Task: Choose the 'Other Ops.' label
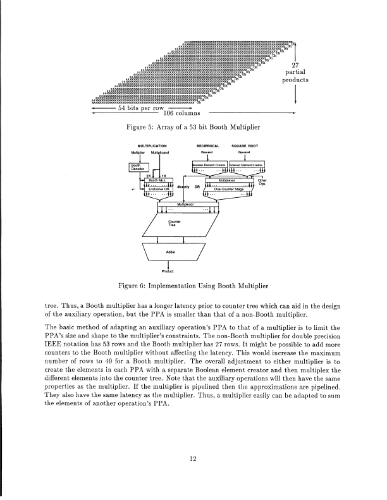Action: tap(262, 183)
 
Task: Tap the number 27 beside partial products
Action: tap(295, 64)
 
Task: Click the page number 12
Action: tap(193, 460)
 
